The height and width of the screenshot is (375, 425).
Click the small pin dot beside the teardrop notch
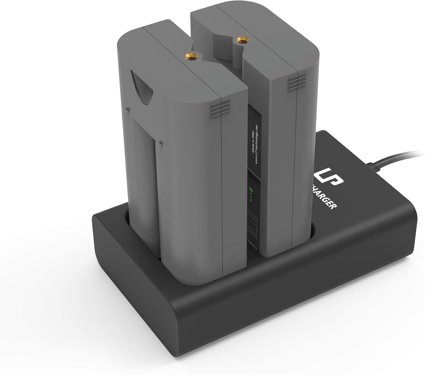128,108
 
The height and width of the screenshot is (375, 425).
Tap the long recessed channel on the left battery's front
144,184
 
